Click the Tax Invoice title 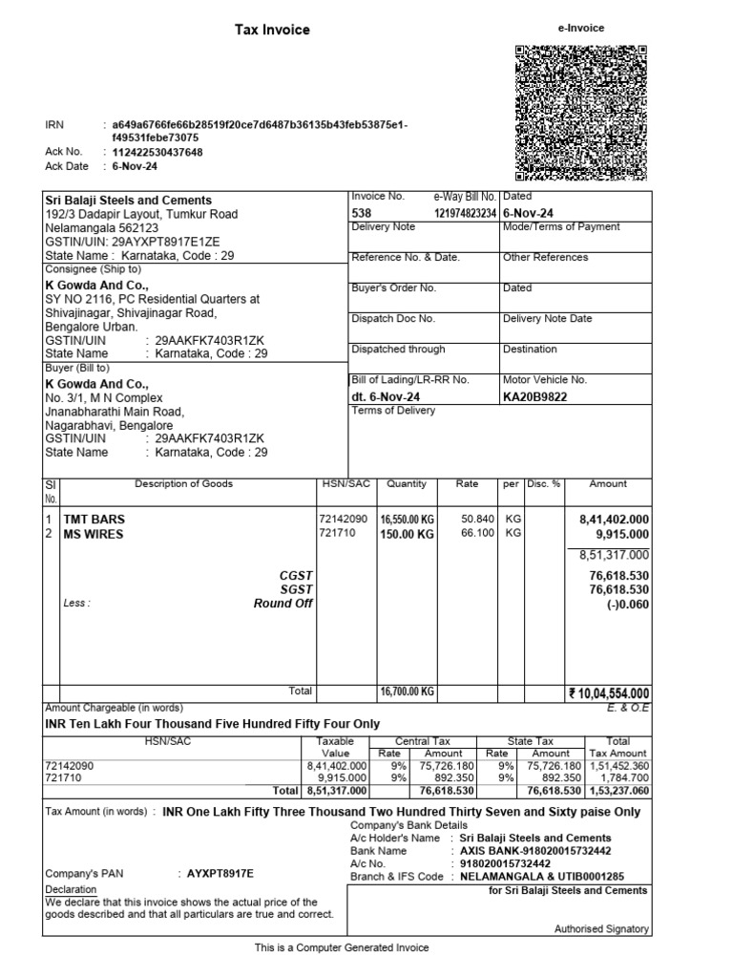272,30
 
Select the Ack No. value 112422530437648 157,152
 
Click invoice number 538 362,212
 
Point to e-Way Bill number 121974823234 466,212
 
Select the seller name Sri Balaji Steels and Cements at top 129,201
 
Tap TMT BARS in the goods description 94,520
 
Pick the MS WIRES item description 94,535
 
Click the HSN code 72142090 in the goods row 342,520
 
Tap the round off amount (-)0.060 627,604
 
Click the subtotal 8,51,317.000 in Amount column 614,555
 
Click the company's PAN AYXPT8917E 216,874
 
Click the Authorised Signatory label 601,928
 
